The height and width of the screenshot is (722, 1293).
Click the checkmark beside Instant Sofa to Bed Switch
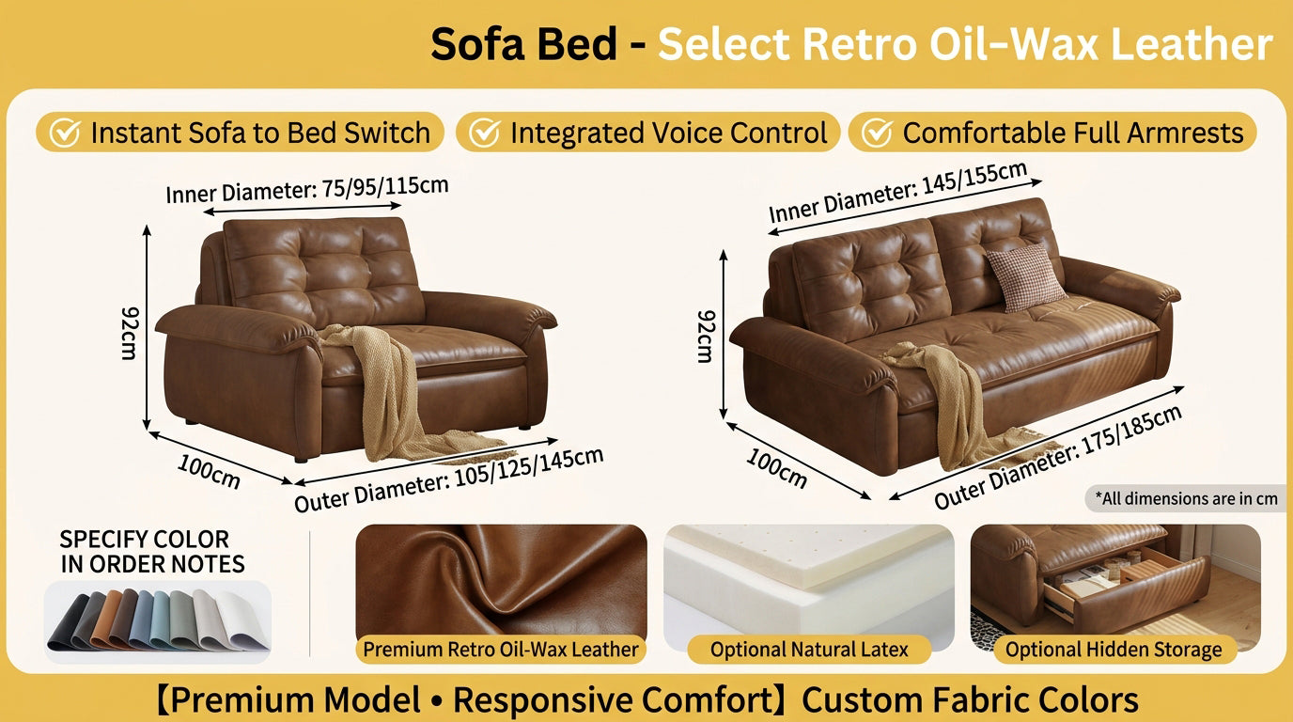point(64,133)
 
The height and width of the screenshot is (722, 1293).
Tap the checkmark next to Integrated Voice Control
point(484,133)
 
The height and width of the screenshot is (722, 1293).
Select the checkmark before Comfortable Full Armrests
point(877,133)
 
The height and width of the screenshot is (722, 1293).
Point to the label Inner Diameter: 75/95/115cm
point(307,188)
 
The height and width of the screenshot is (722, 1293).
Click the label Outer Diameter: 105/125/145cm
point(449,479)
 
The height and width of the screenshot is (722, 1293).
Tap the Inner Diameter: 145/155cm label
point(898,193)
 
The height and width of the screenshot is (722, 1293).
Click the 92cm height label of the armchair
point(130,332)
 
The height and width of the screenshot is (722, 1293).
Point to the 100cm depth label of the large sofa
point(777,467)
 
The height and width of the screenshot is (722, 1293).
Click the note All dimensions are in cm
point(1186,498)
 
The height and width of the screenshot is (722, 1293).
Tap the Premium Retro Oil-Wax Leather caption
point(501,650)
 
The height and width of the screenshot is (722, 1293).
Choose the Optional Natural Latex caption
point(809,650)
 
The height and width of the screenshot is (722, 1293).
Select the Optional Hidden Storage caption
point(1114,650)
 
